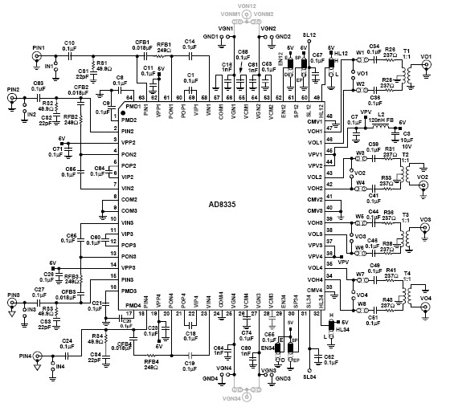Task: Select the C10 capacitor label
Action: (69, 42)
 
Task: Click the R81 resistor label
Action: (102, 63)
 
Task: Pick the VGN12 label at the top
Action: (247, 6)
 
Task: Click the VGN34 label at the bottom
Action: (247, 396)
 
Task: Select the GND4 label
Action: (211, 377)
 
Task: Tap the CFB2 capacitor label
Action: (81, 87)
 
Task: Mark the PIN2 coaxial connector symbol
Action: (12, 98)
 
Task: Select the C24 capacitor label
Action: (67, 340)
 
